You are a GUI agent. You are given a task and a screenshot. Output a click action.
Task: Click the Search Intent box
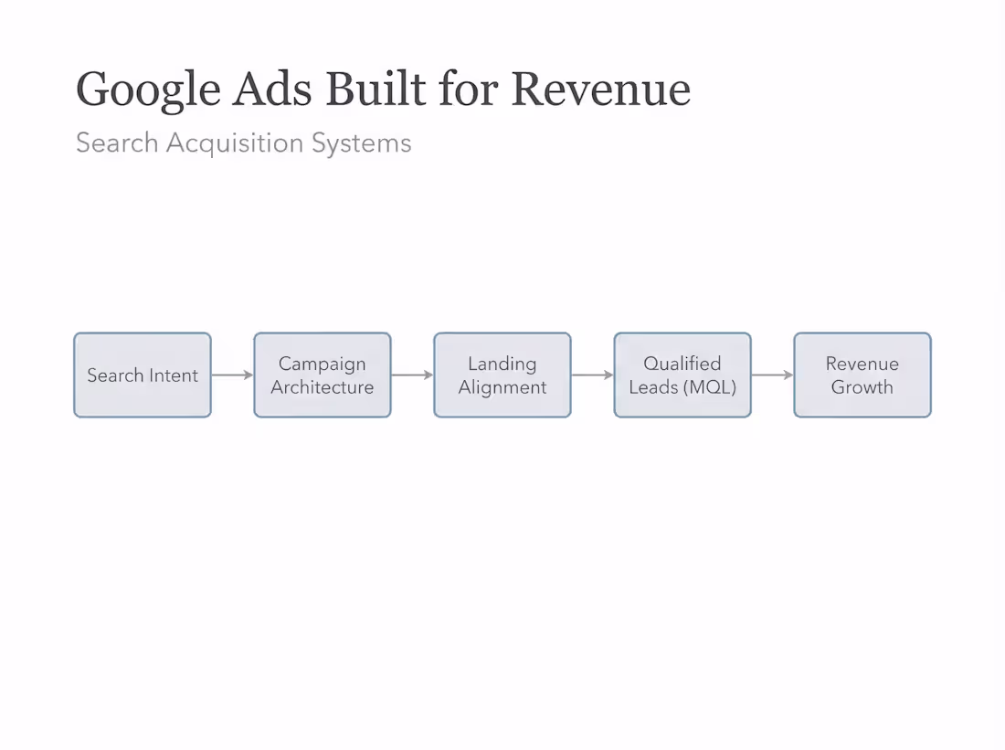point(143,375)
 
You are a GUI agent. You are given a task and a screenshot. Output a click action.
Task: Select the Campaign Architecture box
point(323,375)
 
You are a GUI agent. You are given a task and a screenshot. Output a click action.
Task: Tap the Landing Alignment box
point(503,375)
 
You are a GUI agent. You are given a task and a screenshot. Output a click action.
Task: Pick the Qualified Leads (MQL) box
point(682,375)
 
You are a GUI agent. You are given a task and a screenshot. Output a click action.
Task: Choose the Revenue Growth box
point(862,375)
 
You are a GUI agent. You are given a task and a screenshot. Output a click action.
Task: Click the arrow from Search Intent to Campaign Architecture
point(232,375)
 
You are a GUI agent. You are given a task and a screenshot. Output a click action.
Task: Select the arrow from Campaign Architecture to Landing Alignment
point(412,375)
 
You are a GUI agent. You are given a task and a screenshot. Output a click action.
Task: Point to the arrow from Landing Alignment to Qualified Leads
point(592,375)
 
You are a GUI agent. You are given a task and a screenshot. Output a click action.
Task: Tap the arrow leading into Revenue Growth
point(772,375)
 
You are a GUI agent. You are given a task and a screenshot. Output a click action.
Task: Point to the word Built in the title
point(376,89)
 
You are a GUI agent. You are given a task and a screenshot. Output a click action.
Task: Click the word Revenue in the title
point(600,89)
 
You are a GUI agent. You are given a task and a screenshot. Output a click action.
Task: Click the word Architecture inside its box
point(323,387)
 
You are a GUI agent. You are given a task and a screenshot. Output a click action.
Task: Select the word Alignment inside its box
point(503,387)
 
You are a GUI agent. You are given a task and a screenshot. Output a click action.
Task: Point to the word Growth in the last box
point(862,387)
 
